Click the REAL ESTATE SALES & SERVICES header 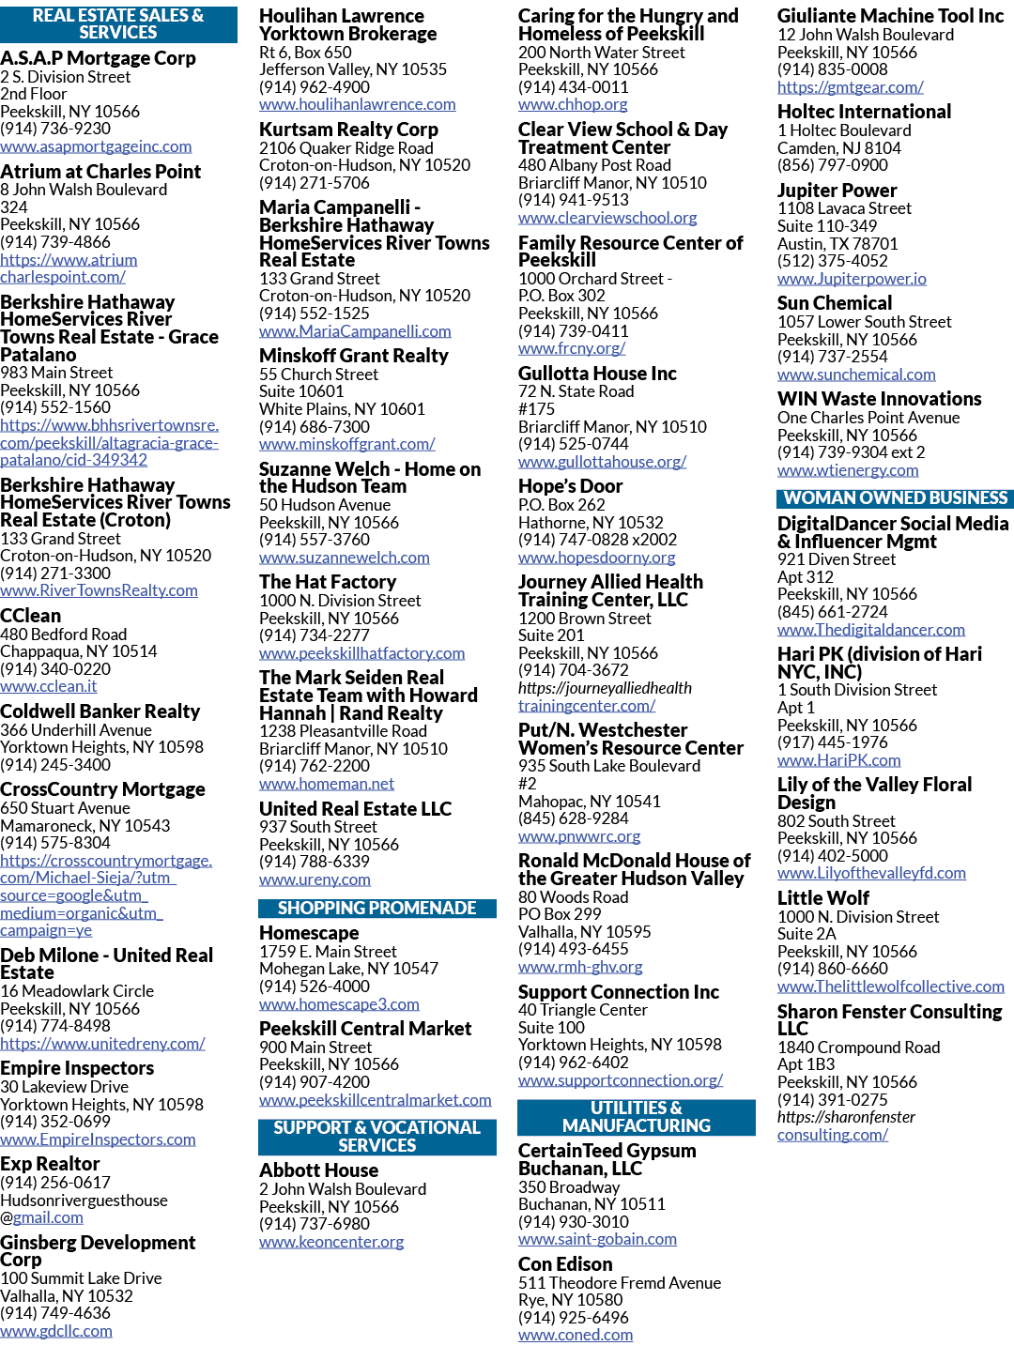(x=118, y=23)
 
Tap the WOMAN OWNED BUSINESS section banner (x=895, y=498)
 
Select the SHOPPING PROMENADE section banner (x=376, y=909)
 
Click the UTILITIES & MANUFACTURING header (x=637, y=1117)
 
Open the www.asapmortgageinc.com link (x=96, y=146)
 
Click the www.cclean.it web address (x=49, y=686)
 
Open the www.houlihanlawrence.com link (x=357, y=104)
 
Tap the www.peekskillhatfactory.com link (x=361, y=653)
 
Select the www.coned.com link (x=576, y=1335)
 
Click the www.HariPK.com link (x=838, y=760)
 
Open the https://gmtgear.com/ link (x=850, y=87)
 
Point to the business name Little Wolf (x=823, y=897)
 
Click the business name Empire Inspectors (x=77, y=1068)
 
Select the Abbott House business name (x=318, y=1170)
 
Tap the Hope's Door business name (x=570, y=486)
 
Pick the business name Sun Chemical (x=834, y=303)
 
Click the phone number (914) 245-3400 (x=55, y=765)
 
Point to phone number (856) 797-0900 (x=832, y=165)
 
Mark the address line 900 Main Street (x=315, y=1047)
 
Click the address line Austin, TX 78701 (x=837, y=244)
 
